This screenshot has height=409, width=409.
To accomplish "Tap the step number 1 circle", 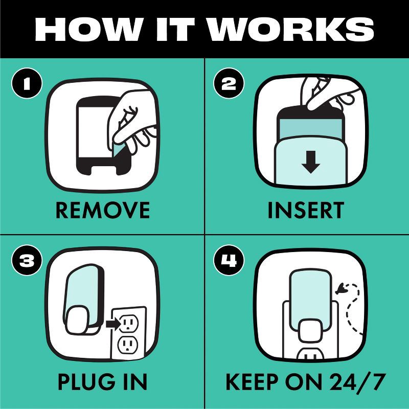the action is pyautogui.click(x=27, y=83).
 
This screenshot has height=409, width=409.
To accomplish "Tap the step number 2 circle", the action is pyautogui.click(x=229, y=83).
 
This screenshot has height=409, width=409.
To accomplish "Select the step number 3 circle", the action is pyautogui.click(x=27, y=260).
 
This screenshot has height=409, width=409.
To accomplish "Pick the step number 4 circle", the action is pyautogui.click(x=229, y=260).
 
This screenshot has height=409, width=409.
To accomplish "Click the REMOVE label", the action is pyautogui.click(x=103, y=210).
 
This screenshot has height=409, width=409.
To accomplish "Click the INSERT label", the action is pyautogui.click(x=306, y=210).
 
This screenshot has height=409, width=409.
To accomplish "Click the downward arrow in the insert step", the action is pyautogui.click(x=310, y=162).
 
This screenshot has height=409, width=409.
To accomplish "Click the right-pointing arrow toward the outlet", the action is pyautogui.click(x=113, y=325).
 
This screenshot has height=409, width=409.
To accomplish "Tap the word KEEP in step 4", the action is pyautogui.click(x=252, y=382).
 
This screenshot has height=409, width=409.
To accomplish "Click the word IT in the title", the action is pyautogui.click(x=175, y=30).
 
